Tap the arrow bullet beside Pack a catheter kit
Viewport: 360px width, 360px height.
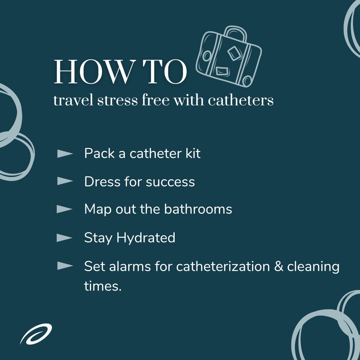65,154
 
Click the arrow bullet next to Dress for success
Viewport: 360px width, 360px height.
65,182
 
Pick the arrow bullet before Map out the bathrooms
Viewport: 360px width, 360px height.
65,209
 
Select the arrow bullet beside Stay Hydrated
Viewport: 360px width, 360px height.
65,238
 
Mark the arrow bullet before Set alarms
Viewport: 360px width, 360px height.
65,266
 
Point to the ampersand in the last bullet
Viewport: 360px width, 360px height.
278,266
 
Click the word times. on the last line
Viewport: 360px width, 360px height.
103,286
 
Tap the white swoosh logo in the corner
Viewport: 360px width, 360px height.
36,334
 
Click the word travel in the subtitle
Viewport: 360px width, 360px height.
73,100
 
